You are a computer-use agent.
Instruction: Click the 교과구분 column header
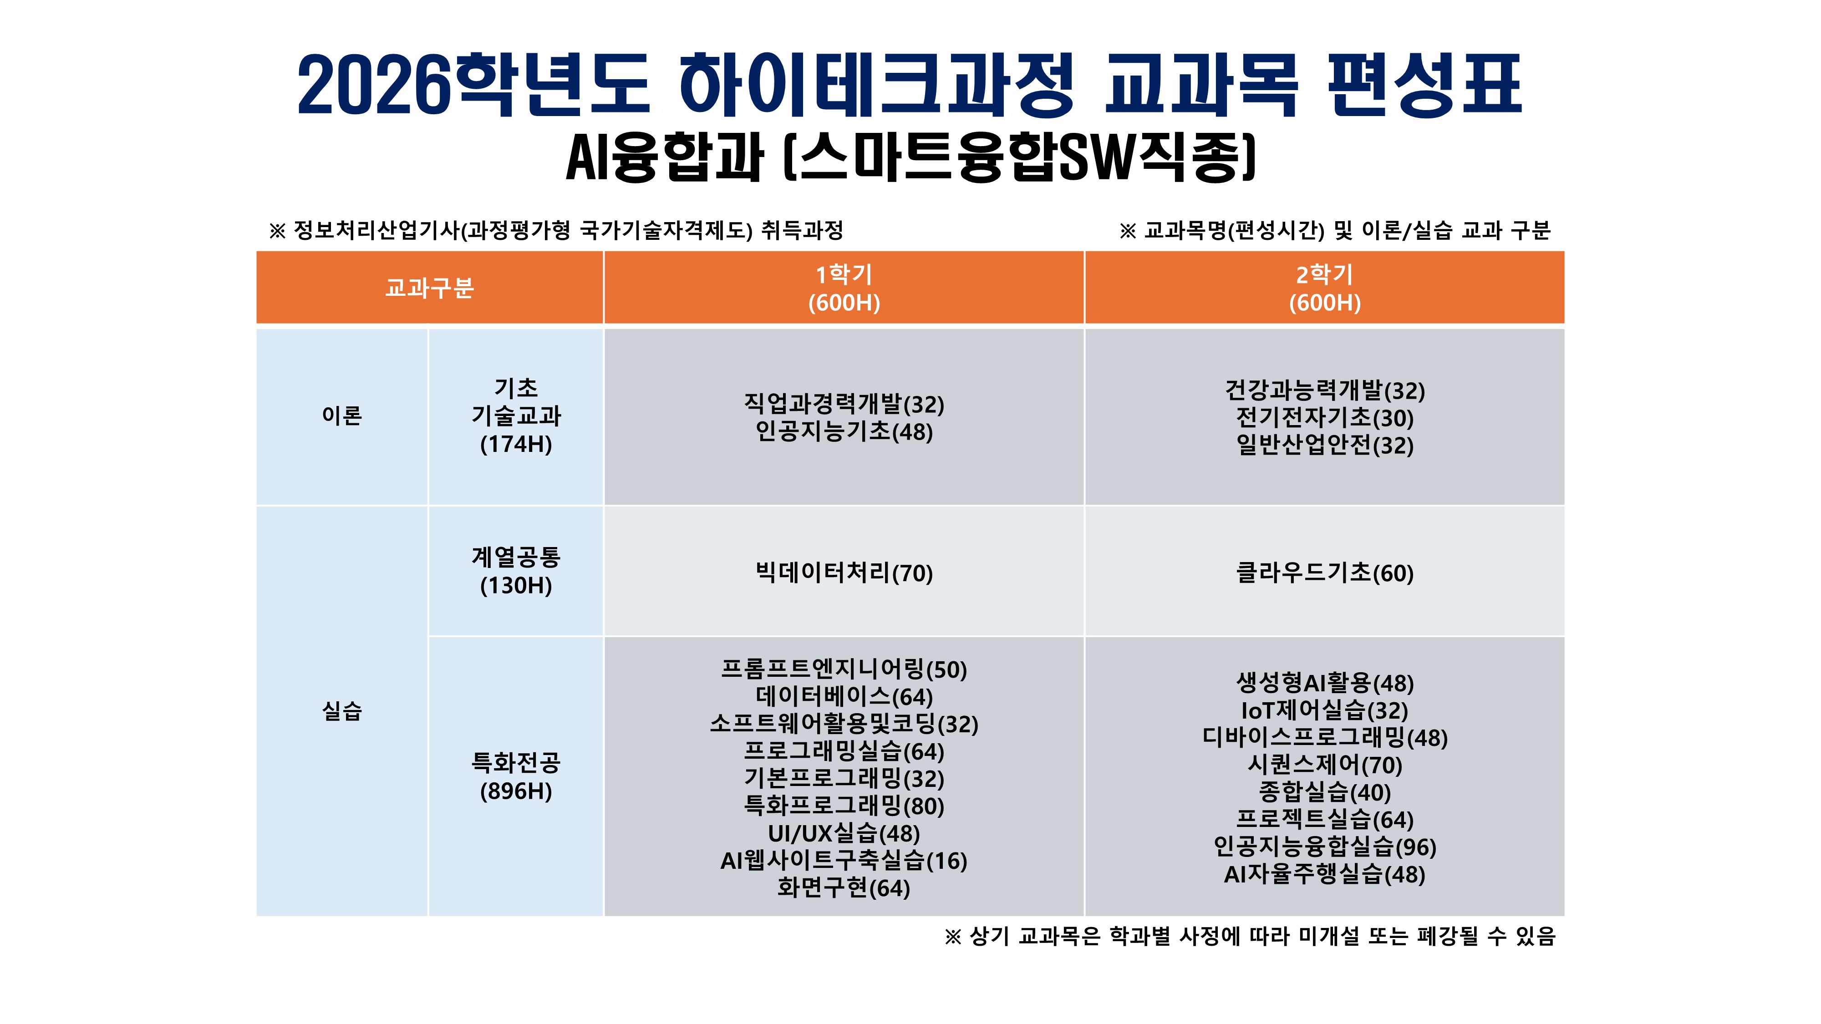tap(429, 288)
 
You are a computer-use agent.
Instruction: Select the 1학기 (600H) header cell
tap(844, 288)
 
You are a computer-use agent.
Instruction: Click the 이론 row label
tap(342, 416)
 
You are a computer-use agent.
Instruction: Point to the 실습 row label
tap(342, 711)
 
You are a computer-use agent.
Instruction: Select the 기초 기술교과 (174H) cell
tap(516, 416)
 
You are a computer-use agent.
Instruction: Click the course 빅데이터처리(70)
tap(844, 573)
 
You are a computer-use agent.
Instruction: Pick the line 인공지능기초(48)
tap(844, 431)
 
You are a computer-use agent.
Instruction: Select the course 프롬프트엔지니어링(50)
tap(844, 669)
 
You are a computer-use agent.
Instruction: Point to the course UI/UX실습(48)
tap(844, 833)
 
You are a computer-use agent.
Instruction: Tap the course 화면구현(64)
tap(844, 887)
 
